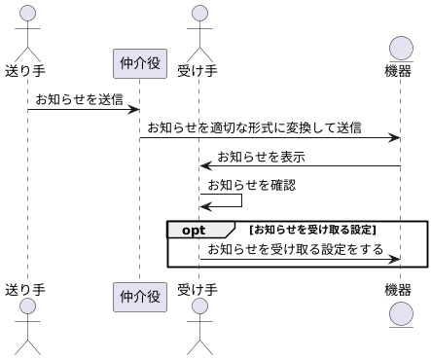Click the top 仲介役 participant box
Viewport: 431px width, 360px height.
pos(139,64)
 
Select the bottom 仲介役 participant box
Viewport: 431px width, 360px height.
pos(139,295)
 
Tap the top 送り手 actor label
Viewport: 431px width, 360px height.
pos(25,70)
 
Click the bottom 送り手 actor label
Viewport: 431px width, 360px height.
pos(25,289)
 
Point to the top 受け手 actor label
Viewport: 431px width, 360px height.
pos(198,70)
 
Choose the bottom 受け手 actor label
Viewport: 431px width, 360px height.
pos(198,289)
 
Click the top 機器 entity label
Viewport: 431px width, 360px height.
pos(399,70)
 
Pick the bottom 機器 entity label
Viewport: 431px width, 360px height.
pos(399,289)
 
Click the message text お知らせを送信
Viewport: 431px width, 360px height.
pos(80,99)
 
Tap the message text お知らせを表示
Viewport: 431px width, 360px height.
pos(261,156)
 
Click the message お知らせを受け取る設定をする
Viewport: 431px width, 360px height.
pos(295,249)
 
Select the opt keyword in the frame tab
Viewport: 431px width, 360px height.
pos(195,230)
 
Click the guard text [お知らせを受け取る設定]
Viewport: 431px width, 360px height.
pos(312,230)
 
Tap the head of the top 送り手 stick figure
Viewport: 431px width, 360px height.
pos(26,14)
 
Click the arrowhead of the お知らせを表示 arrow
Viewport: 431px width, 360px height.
pos(205,166)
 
